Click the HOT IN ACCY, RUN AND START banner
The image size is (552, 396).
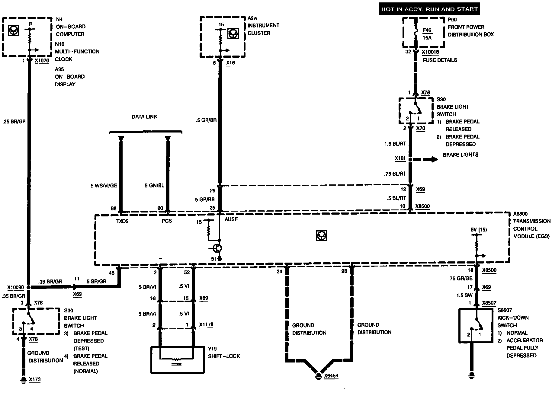coord(429,9)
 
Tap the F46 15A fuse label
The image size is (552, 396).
coord(427,34)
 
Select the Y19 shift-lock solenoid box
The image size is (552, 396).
coord(177,360)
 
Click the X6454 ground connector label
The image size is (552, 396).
coord(331,376)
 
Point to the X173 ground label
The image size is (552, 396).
coord(35,379)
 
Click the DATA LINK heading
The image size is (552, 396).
coord(144,117)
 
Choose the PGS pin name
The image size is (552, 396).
coord(167,221)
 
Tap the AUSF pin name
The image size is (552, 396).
coord(231,219)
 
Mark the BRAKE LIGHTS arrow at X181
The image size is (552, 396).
coord(425,159)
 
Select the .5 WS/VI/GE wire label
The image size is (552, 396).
coord(103,186)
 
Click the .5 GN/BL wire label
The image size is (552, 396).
coord(154,186)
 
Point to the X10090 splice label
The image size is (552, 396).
coord(15,287)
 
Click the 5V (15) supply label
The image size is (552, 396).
coord(479,230)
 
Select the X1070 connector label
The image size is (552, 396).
coord(42,60)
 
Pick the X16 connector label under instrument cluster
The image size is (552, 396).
coord(230,63)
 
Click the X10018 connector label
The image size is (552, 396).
coord(430,52)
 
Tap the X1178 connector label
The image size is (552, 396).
coord(206,325)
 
